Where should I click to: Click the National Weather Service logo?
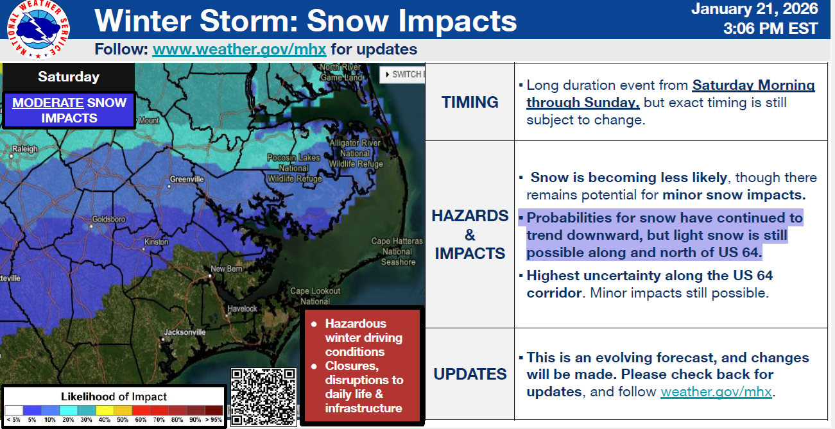coord(39,29)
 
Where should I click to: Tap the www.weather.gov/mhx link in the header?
coord(239,49)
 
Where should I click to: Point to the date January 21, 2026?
coord(755,9)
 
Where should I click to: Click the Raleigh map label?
coord(24,149)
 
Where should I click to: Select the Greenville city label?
coord(187,179)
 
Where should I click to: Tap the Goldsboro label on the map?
coord(108,219)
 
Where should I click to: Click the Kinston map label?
coord(156,242)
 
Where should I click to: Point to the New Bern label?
coord(227,269)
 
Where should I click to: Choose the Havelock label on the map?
coord(243,308)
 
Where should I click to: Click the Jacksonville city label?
coord(185,332)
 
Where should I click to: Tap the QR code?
coord(264,397)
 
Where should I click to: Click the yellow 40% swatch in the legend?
coord(105,410)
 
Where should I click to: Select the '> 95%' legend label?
coord(214,419)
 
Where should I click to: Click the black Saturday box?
coord(69,77)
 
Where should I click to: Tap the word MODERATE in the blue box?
coord(47,103)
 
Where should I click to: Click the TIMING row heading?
coord(470,102)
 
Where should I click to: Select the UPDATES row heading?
coord(470,374)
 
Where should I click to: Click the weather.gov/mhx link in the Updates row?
coord(716,392)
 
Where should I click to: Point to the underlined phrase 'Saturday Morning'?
coord(753,85)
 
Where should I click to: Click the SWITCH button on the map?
coord(402,74)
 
